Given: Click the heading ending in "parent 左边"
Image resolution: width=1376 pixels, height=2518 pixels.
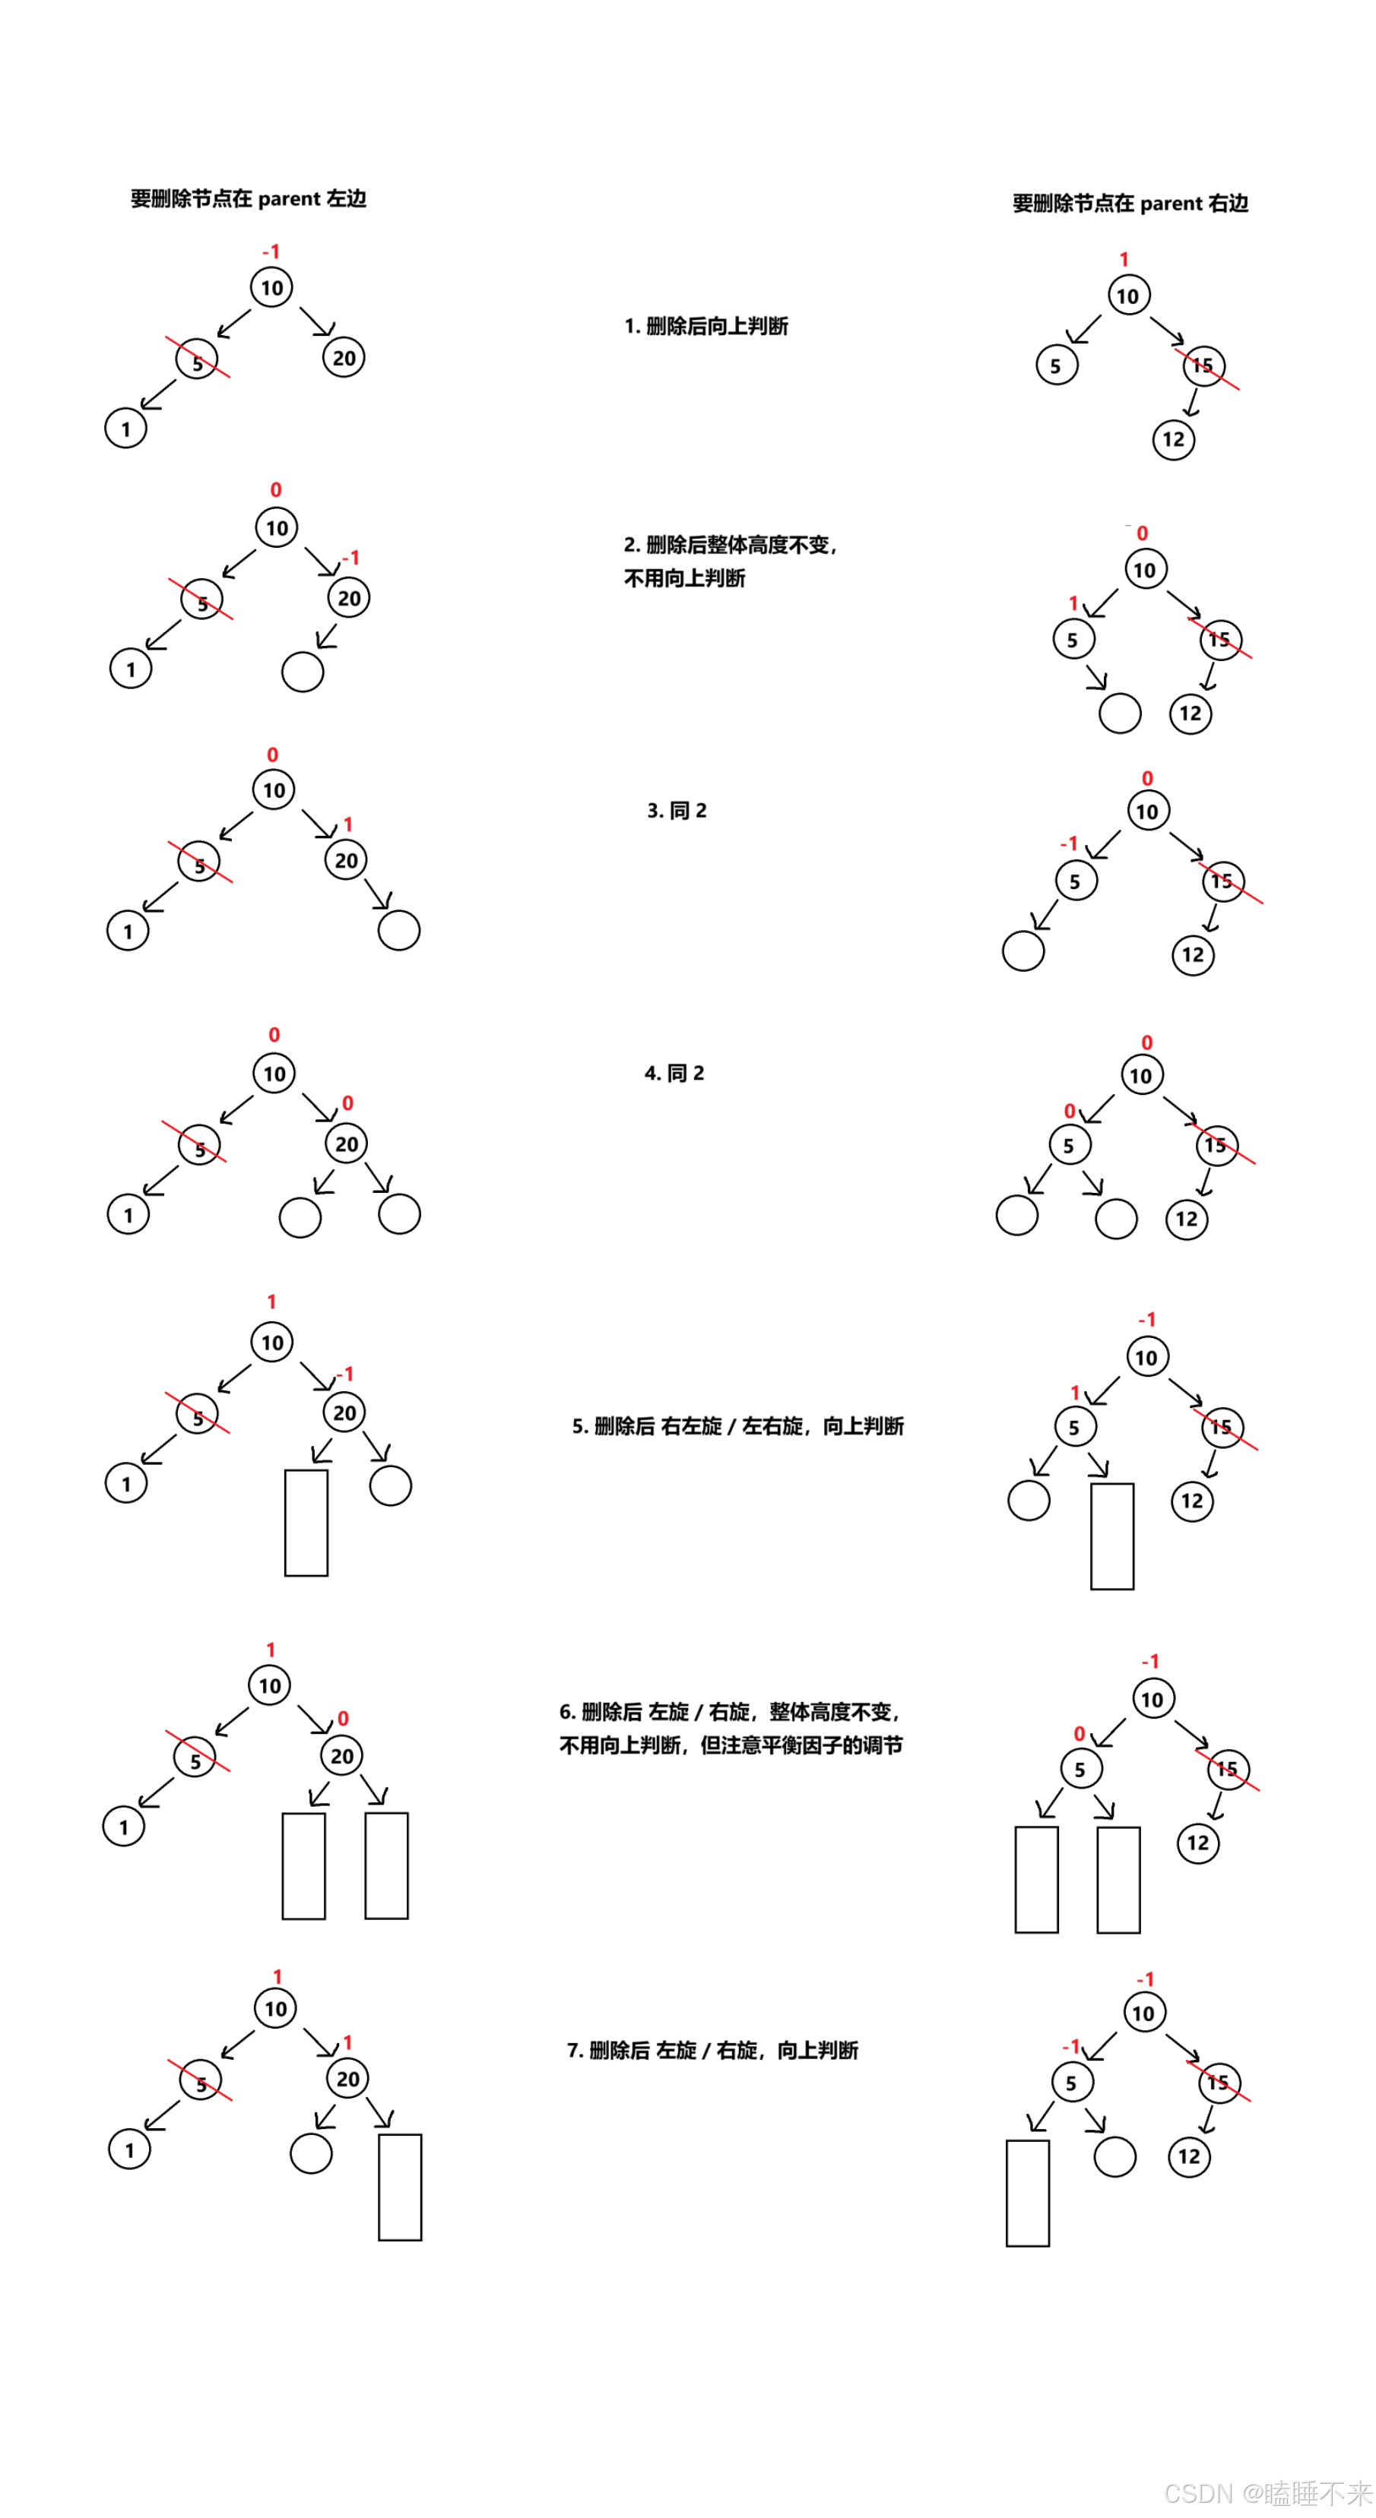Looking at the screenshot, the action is (x=249, y=198).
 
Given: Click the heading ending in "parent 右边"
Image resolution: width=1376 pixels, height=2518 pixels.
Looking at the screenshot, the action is (x=1130, y=204).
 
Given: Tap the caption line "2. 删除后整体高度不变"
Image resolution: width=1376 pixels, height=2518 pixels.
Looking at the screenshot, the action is (x=730, y=545).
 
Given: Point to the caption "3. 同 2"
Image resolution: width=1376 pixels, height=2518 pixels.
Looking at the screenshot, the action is (x=677, y=811).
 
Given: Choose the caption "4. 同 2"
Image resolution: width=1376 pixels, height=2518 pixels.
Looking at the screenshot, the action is (x=674, y=1074).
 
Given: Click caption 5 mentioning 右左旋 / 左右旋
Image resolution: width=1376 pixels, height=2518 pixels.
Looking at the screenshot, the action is (x=737, y=1426).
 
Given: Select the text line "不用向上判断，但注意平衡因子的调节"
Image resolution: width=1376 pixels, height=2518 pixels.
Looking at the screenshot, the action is (x=730, y=1745).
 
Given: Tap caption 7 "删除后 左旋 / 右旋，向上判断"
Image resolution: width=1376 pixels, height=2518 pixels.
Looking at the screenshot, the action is (x=712, y=2050).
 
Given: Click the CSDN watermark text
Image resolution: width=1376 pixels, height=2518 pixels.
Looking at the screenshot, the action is (x=1267, y=2493).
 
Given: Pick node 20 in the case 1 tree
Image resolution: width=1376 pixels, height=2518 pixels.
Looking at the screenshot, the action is (x=344, y=358).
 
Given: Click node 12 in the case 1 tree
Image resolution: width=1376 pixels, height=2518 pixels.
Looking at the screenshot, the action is (x=1174, y=440).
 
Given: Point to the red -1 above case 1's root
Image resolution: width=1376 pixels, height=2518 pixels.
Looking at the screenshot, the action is (x=271, y=252).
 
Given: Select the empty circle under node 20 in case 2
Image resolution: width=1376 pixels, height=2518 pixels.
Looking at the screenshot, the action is (x=303, y=672).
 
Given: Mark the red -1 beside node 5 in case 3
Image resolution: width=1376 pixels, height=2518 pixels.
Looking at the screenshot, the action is (x=1069, y=843).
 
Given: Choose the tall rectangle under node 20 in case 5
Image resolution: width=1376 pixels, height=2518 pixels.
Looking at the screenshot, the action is (x=306, y=1522).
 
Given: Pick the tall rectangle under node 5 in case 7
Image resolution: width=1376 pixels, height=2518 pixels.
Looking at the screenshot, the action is (x=1027, y=2193).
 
